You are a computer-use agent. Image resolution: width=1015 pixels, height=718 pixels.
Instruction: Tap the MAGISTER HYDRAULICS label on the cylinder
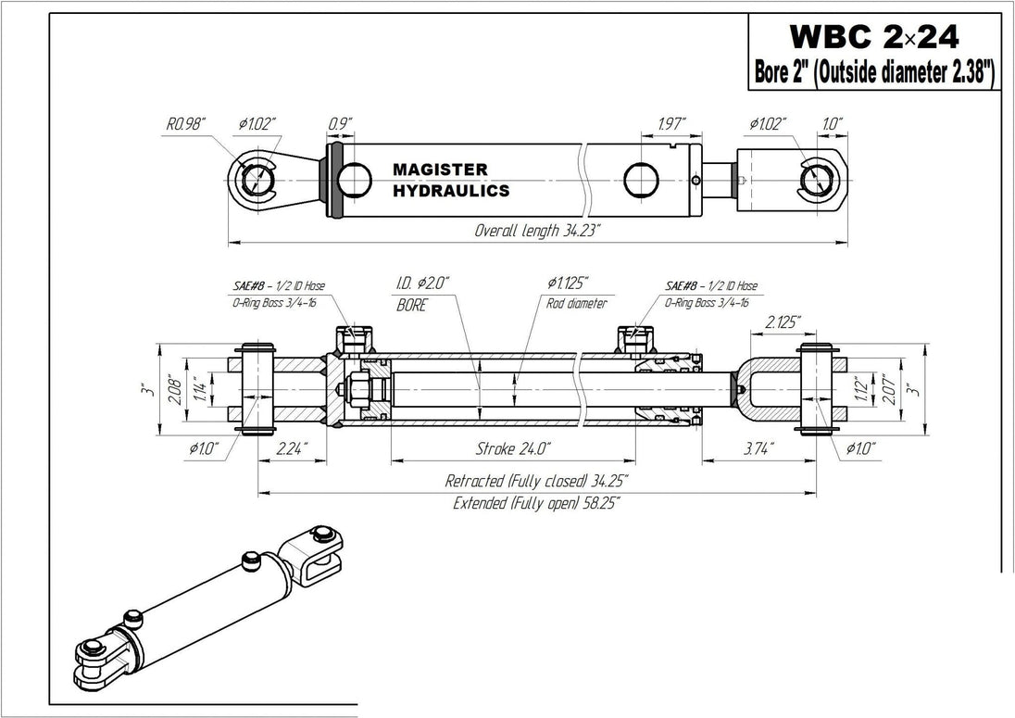(x=450, y=181)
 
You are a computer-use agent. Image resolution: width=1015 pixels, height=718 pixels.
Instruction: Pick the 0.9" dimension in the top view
(x=340, y=122)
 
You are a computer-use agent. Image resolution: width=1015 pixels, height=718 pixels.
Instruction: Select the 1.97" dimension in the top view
(x=670, y=122)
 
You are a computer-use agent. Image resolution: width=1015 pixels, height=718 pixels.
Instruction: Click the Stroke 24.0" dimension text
(x=513, y=449)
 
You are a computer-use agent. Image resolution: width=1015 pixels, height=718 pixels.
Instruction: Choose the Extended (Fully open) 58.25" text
(x=536, y=503)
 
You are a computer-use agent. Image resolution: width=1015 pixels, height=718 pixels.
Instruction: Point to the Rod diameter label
(x=576, y=304)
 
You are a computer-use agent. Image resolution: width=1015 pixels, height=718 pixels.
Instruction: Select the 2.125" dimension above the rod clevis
(x=783, y=321)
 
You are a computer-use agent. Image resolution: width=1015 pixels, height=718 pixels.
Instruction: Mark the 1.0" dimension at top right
(x=831, y=122)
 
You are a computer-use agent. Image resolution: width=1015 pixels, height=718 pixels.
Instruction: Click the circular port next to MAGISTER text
(x=354, y=179)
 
